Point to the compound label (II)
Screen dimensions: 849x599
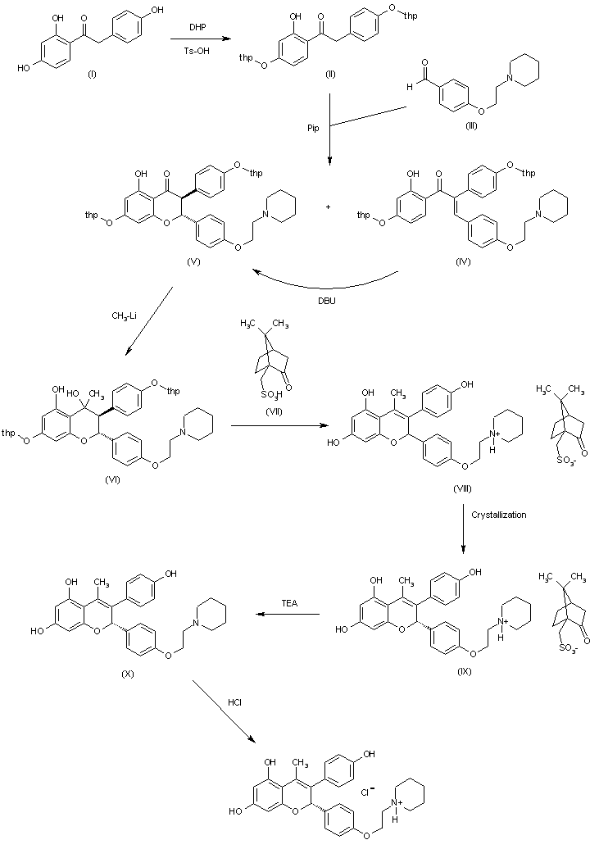click(331, 75)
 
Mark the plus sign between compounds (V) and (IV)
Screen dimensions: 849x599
click(328, 207)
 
